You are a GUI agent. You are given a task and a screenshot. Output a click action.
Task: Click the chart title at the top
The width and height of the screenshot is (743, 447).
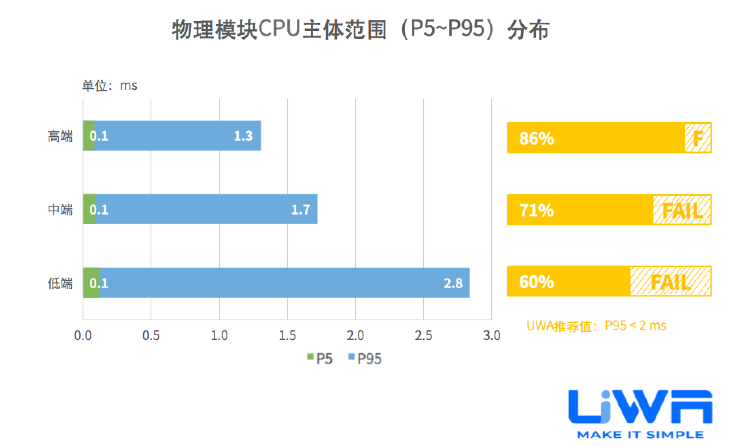tap(360, 30)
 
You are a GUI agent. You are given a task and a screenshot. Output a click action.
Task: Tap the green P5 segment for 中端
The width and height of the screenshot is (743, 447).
tap(89, 209)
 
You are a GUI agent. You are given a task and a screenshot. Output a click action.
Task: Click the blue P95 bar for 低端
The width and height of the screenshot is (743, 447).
tap(275, 283)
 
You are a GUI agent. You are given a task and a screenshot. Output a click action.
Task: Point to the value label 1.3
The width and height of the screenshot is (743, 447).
tap(243, 136)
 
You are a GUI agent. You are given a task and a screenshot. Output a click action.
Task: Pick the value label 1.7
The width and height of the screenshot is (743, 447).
tap(301, 210)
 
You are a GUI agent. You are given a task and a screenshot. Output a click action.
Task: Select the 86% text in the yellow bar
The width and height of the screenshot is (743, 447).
tap(536, 138)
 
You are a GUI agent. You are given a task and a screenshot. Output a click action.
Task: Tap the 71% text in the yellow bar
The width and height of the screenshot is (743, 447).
tap(536, 211)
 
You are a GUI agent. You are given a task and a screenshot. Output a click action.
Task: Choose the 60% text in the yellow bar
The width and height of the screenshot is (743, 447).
tap(536, 282)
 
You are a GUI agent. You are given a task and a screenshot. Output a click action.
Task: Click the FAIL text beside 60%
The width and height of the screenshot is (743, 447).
tap(670, 282)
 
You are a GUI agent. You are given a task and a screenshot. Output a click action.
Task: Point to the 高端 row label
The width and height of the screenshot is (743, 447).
tap(60, 136)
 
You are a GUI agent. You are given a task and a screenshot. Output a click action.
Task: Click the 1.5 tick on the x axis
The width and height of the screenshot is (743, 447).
tap(287, 336)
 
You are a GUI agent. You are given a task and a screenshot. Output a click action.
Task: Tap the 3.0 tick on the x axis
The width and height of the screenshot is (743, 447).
tap(492, 336)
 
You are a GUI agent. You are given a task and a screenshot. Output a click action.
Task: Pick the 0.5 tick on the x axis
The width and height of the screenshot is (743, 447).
tap(151, 336)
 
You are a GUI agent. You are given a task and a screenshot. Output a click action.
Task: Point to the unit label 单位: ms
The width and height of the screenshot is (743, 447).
tap(110, 86)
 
